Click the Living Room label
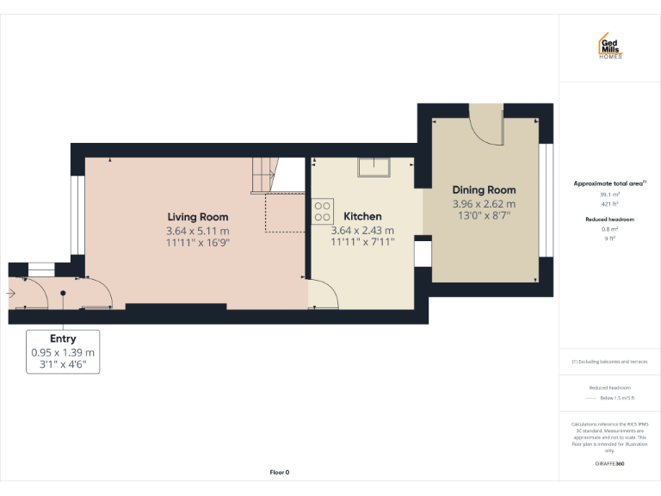tap(198, 217)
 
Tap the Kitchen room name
tap(362, 216)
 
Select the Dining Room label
tap(484, 190)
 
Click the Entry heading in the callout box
tap(63, 339)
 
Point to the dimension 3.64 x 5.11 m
tap(198, 231)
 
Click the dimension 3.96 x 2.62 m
tap(484, 204)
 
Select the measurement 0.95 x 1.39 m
tap(63, 353)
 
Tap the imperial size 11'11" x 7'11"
tap(362, 243)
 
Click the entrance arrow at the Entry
tap(10, 294)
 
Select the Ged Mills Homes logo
tap(610, 47)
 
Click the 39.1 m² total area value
tap(610, 195)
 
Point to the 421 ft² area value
tap(610, 205)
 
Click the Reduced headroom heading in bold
tap(610, 220)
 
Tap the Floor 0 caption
tap(280, 472)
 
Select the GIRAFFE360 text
tap(610, 464)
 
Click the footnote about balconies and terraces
tap(610, 361)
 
